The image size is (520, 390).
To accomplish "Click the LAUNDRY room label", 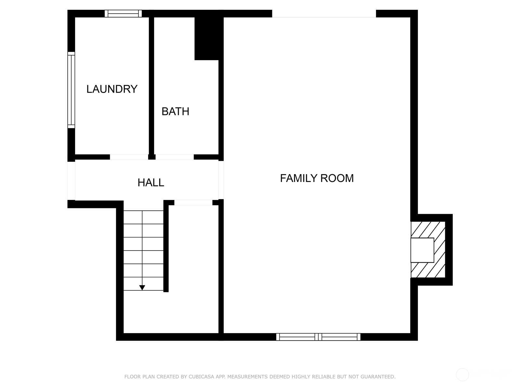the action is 112,89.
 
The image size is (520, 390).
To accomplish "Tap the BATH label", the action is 175,111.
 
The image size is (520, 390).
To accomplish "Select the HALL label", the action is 151,182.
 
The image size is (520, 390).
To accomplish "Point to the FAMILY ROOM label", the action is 317,178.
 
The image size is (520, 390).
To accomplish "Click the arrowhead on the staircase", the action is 142,288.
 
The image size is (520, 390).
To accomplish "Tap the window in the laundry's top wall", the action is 123,14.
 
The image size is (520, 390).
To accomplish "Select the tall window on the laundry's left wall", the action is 71,90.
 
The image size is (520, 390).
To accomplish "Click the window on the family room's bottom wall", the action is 318,337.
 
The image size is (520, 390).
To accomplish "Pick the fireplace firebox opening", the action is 422,250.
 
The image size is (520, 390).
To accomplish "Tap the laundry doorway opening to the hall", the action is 129,157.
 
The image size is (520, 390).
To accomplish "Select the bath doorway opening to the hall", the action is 175,157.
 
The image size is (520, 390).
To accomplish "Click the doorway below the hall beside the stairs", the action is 193,202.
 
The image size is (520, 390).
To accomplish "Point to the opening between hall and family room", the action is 221,180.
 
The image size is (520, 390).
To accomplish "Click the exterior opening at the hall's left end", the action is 71,181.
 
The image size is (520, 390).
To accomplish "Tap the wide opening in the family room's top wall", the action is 324,14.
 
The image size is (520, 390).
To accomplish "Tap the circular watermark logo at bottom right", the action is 462,375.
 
